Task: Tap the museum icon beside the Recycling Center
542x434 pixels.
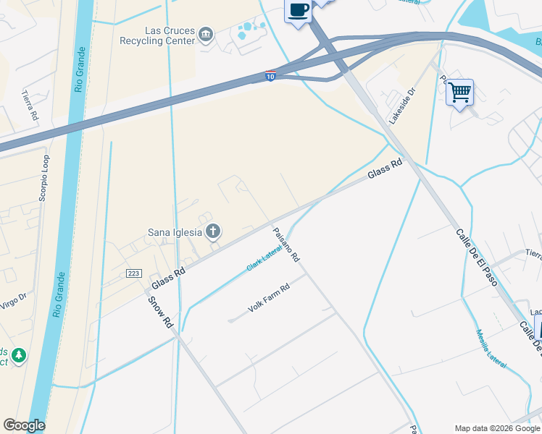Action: [207, 35]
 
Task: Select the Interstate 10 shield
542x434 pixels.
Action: [270, 76]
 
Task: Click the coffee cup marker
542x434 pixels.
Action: [299, 10]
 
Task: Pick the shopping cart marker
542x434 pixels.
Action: [459, 92]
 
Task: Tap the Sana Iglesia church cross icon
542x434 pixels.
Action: [213, 231]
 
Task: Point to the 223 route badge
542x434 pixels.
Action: [133, 273]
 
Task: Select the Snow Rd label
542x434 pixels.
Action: [160, 312]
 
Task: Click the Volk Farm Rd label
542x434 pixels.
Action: [268, 298]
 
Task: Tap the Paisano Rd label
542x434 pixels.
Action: [285, 244]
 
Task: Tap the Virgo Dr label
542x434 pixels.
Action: [13, 299]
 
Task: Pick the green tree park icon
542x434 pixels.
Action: [18, 355]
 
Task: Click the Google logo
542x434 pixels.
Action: [24, 425]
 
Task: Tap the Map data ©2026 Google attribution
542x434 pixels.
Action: [496, 428]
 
